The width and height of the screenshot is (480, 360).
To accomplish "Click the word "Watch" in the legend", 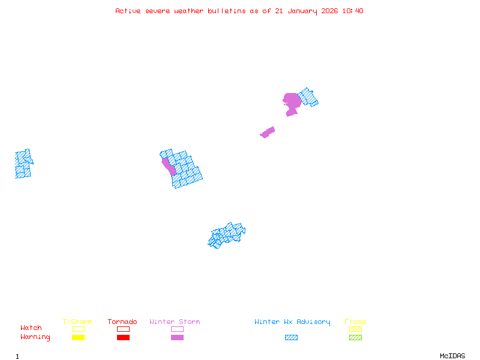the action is pyautogui.click(x=31, y=328).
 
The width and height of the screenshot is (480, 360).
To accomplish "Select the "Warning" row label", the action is pyautogui.click(x=35, y=337).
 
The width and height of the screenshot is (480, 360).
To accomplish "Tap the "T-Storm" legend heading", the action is pyautogui.click(x=77, y=322).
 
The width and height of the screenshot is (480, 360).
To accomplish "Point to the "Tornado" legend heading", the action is pyautogui.click(x=122, y=322).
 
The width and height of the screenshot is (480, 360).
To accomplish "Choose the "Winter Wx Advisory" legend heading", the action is pyautogui.click(x=292, y=322).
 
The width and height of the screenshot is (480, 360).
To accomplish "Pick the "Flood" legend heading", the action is pyautogui.click(x=355, y=322).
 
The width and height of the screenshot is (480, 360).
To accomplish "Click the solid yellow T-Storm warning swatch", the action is pyautogui.click(x=78, y=337).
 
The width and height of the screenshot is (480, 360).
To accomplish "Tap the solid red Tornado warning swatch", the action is pyautogui.click(x=123, y=337).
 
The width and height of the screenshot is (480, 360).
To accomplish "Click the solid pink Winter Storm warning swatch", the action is pyautogui.click(x=177, y=337).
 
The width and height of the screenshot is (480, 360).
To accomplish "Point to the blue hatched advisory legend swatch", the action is pyautogui.click(x=291, y=337).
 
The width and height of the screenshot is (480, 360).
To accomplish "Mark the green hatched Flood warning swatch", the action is pyautogui.click(x=355, y=337).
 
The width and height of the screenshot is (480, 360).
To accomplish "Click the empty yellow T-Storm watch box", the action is pyautogui.click(x=78, y=329).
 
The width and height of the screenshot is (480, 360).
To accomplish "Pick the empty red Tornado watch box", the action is pyautogui.click(x=123, y=329).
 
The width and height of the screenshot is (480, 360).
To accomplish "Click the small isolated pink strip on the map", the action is pyautogui.click(x=268, y=132).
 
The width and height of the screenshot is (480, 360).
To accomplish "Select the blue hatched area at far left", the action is pyautogui.click(x=23, y=164).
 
